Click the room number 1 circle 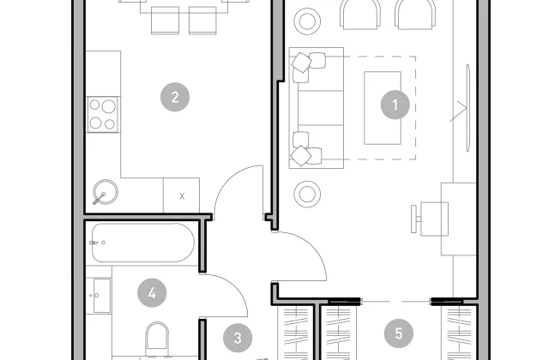(x=395, y=105)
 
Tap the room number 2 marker (x=175, y=97)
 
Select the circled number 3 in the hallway (x=238, y=338)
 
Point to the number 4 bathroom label (x=152, y=293)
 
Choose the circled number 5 (x=399, y=333)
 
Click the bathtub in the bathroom (x=142, y=243)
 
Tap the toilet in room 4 (x=157, y=339)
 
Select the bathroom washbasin (x=102, y=296)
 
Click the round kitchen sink (x=106, y=192)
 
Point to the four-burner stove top (x=103, y=115)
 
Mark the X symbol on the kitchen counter (x=182, y=196)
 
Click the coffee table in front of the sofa (x=383, y=108)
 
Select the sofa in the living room (x=317, y=108)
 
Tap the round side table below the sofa (x=307, y=194)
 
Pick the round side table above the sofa (x=307, y=21)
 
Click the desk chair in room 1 (x=430, y=219)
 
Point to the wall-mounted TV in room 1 (x=468, y=108)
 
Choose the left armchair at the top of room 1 (x=360, y=15)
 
